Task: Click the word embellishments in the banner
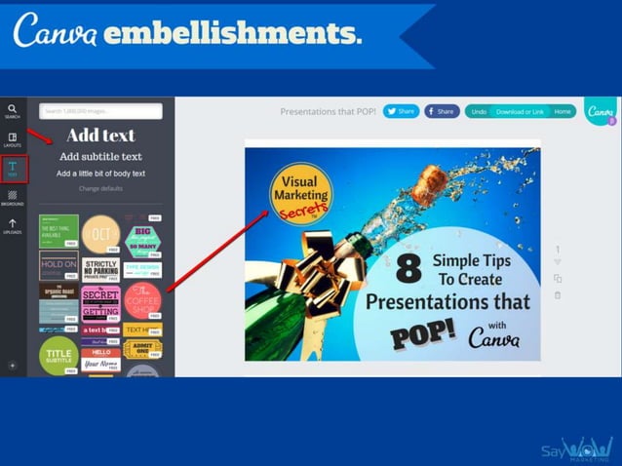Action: pyautogui.click(x=231, y=33)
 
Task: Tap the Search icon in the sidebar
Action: pyautogui.click(x=13, y=111)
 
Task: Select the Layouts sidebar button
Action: pyautogui.click(x=13, y=139)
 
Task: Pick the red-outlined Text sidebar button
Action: pyautogui.click(x=13, y=169)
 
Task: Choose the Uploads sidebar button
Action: pyautogui.click(x=13, y=226)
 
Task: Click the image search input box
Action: pyautogui.click(x=101, y=111)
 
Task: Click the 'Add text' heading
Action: pyautogui.click(x=100, y=136)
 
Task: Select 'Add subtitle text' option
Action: pyautogui.click(x=100, y=156)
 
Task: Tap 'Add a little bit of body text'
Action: pyautogui.click(x=100, y=174)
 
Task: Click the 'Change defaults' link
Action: pyautogui.click(x=100, y=188)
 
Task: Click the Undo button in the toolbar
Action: pyautogui.click(x=478, y=112)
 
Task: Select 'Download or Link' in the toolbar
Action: pyautogui.click(x=520, y=112)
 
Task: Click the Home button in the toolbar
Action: pyautogui.click(x=563, y=112)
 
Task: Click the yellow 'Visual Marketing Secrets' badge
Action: pyautogui.click(x=300, y=191)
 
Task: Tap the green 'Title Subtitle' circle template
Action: pyautogui.click(x=58, y=355)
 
